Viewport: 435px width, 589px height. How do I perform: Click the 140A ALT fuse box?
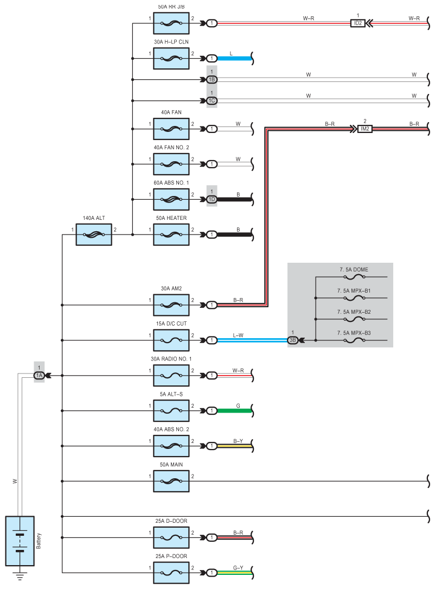(94, 235)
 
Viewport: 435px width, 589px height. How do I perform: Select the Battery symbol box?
(20, 541)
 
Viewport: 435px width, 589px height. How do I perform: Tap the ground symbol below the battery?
(20, 576)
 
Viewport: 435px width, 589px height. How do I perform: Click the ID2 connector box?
(357, 23)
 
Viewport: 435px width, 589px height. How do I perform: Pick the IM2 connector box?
(365, 129)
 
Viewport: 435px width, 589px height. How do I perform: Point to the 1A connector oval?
(39, 375)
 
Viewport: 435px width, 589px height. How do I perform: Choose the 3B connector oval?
(292, 340)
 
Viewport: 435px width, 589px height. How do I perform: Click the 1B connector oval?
(212, 80)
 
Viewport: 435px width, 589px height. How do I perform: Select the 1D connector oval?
(212, 199)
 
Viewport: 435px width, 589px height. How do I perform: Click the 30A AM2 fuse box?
(171, 305)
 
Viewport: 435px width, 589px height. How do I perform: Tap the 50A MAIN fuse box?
(171, 481)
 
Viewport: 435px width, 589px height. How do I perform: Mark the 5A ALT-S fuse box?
(171, 410)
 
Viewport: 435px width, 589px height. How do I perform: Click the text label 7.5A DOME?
(354, 270)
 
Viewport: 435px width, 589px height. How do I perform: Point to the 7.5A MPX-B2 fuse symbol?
(354, 319)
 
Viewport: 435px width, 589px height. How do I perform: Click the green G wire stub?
(234, 410)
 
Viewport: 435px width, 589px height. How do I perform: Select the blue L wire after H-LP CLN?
(234, 58)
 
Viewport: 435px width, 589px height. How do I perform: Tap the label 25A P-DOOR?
(171, 556)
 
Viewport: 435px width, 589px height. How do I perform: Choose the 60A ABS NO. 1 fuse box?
(171, 199)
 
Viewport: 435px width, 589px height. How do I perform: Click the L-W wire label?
(238, 335)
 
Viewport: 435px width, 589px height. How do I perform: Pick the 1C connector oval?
(212, 100)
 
